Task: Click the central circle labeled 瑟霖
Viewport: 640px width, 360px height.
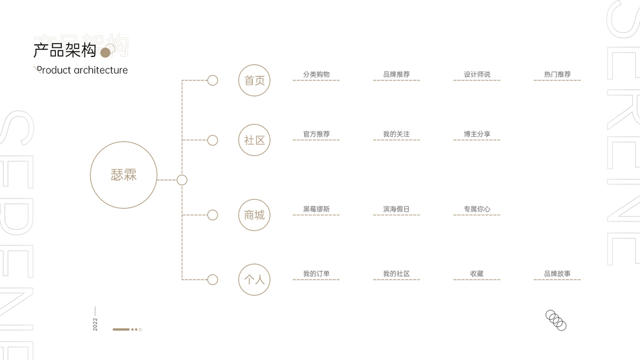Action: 124,175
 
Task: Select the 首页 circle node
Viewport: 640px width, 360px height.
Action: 254,80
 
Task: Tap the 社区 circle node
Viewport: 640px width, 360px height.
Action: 254,140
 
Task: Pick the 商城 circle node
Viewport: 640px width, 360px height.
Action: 254,215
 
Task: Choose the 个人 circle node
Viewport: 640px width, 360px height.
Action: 254,280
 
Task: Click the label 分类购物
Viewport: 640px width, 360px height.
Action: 316,74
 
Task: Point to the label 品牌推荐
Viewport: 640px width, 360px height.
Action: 396,74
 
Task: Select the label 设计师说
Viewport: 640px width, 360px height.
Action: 477,74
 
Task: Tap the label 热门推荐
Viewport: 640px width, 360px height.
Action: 557,74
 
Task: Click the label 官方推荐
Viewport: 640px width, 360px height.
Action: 316,134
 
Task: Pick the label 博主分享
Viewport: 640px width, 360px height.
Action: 477,134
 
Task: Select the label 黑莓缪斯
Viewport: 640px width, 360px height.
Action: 316,209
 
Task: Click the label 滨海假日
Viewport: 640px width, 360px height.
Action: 396,209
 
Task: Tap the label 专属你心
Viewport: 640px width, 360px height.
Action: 477,209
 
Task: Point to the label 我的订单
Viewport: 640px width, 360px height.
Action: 316,274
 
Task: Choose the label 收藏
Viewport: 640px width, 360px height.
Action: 477,274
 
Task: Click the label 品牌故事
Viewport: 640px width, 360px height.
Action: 557,274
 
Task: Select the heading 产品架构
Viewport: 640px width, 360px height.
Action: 65,50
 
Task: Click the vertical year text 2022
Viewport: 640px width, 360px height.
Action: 95,324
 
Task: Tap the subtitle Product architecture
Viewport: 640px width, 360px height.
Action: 82,70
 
